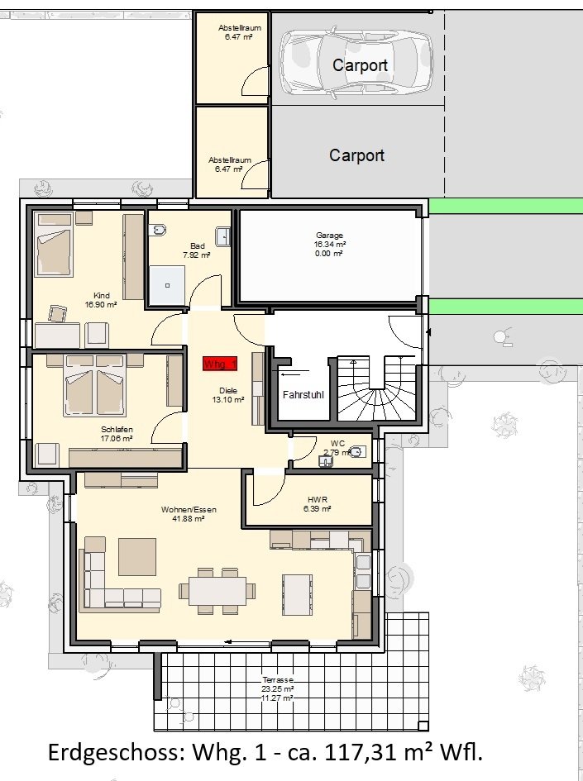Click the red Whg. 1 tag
(x=220, y=364)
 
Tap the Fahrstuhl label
(x=303, y=395)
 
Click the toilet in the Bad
(x=160, y=230)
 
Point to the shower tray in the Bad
(x=167, y=285)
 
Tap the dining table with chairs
(x=217, y=591)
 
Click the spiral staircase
(x=376, y=388)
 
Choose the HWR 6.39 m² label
(x=318, y=504)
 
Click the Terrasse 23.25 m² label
(x=278, y=684)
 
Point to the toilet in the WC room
(x=357, y=452)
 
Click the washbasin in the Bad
(x=222, y=236)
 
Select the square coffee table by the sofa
(x=137, y=556)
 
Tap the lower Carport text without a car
(x=356, y=155)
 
